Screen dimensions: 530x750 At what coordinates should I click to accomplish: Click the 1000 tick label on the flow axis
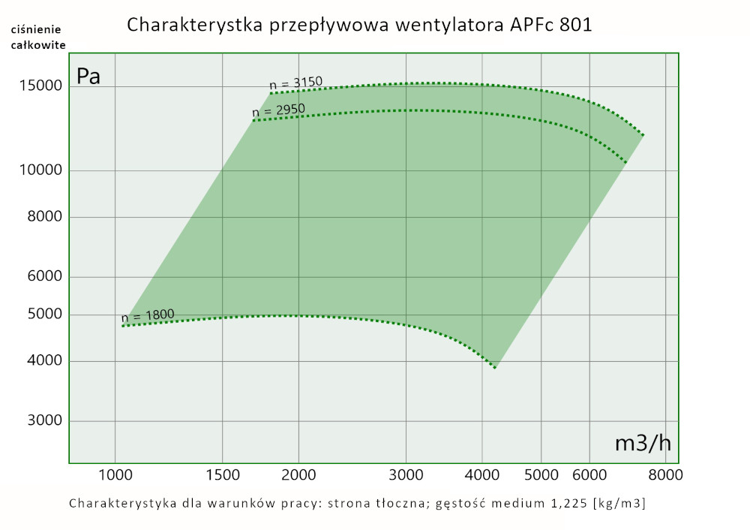pyautogui.click(x=115, y=474)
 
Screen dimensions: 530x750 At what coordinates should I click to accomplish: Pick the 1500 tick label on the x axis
pyautogui.click(x=222, y=474)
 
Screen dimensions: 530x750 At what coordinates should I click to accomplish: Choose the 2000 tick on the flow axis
pyautogui.click(x=298, y=474)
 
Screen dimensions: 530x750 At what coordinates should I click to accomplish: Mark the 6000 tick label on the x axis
pyautogui.click(x=589, y=474)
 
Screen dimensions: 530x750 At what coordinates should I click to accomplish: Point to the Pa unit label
pyautogui.click(x=88, y=76)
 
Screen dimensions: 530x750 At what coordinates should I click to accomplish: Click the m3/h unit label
pyautogui.click(x=642, y=443)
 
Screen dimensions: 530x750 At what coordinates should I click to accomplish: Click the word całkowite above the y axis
pyautogui.click(x=37, y=44)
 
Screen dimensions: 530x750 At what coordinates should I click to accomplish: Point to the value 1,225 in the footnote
pyautogui.click(x=565, y=503)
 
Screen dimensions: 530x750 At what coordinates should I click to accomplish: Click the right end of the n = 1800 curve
pyautogui.click(x=495, y=368)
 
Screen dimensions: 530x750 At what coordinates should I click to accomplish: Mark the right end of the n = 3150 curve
pyautogui.click(x=643, y=134)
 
